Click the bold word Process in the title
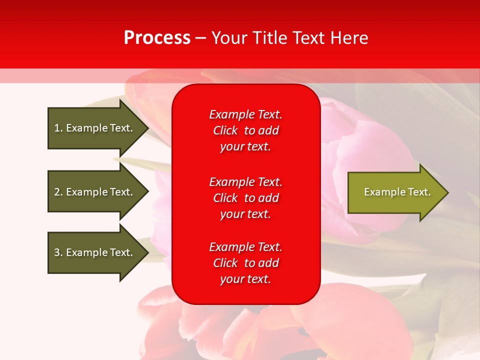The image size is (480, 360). (x=157, y=38)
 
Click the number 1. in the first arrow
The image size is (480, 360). (x=58, y=128)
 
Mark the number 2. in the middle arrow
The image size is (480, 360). (x=58, y=192)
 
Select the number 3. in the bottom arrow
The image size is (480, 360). (x=58, y=252)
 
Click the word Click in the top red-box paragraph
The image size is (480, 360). (x=225, y=131)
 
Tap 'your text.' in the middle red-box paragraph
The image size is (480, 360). (x=245, y=214)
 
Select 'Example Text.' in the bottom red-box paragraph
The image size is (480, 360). (x=245, y=247)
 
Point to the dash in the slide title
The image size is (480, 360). (x=200, y=38)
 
